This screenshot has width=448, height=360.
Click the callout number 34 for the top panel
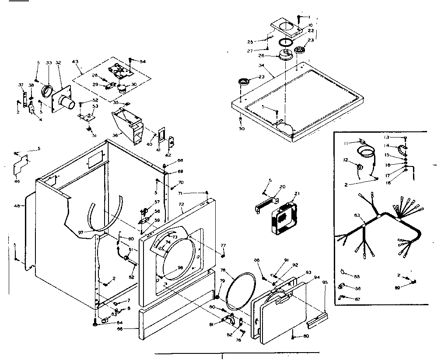click(261, 65)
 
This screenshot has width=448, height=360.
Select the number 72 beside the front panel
click(181, 204)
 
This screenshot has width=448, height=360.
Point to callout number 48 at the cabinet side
click(17, 205)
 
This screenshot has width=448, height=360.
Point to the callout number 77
click(223, 245)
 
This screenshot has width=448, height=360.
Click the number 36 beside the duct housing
click(115, 135)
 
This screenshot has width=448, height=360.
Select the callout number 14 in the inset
click(387, 145)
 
